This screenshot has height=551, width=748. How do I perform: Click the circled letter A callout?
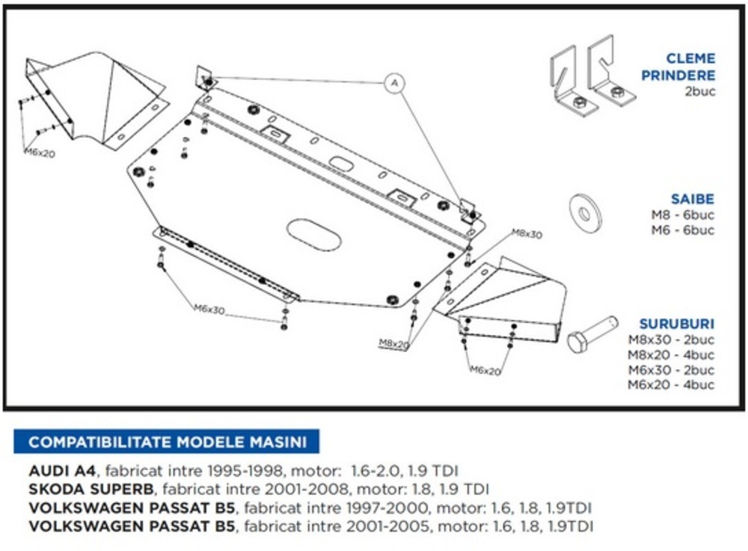tap(395, 82)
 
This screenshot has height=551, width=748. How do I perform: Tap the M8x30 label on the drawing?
tap(527, 235)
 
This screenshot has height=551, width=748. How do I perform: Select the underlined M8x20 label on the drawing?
tap(394, 343)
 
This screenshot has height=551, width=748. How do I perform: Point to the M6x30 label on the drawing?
tap(209, 309)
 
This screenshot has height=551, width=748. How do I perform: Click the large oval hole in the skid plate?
tap(314, 235)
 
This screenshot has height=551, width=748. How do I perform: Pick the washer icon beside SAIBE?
tap(585, 213)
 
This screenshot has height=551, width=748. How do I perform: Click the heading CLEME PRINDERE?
tap(690, 67)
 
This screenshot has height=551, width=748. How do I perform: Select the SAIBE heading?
tap(693, 200)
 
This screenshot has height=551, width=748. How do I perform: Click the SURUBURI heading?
tap(677, 324)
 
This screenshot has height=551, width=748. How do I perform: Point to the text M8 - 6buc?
tap(683, 215)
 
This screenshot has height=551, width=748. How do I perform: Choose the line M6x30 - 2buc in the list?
tap(671, 370)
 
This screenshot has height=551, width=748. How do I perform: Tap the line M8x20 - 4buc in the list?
tap(671, 354)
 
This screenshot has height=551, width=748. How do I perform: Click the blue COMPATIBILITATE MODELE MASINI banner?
tap(167, 442)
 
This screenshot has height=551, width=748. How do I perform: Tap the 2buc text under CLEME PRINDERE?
tap(700, 92)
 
